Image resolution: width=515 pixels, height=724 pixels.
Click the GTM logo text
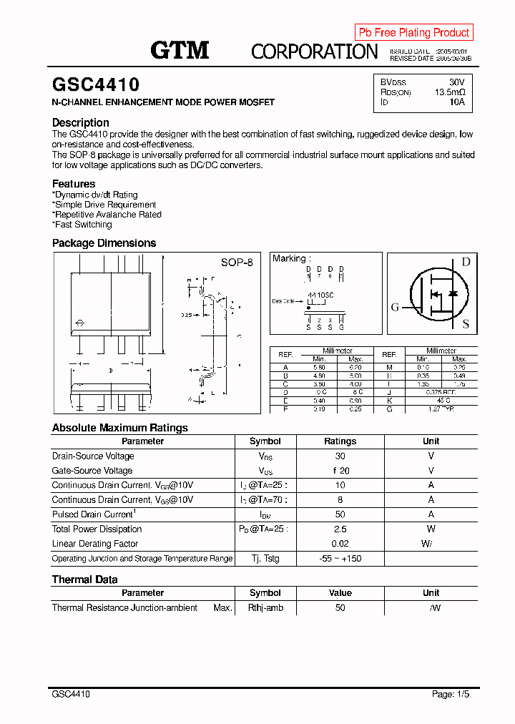[180, 50]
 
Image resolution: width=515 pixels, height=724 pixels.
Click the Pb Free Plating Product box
[413, 32]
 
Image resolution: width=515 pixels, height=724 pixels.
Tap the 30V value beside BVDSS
[456, 82]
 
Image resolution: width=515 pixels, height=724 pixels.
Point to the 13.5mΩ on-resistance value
[450, 92]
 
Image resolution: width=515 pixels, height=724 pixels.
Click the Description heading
[81, 122]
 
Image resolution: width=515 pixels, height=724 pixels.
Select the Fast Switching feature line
[83, 225]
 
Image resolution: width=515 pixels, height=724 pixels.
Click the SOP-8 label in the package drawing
[237, 263]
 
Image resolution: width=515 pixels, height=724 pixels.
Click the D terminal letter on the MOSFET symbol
[466, 262]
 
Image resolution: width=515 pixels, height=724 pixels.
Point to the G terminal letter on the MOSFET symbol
[395, 307]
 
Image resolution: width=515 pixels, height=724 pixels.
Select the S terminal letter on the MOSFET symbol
[466, 324]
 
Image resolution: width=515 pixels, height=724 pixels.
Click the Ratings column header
[340, 441]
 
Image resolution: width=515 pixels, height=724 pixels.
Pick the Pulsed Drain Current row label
[94, 514]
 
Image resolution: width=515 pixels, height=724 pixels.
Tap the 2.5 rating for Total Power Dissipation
[340, 529]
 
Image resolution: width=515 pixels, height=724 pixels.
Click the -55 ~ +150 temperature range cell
[340, 559]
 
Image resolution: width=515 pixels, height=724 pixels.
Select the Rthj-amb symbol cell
[265, 608]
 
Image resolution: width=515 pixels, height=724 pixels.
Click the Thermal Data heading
[84, 579]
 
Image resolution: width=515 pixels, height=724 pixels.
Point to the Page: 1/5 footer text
[451, 694]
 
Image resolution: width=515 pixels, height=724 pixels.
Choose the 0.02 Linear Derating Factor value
[340, 544]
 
